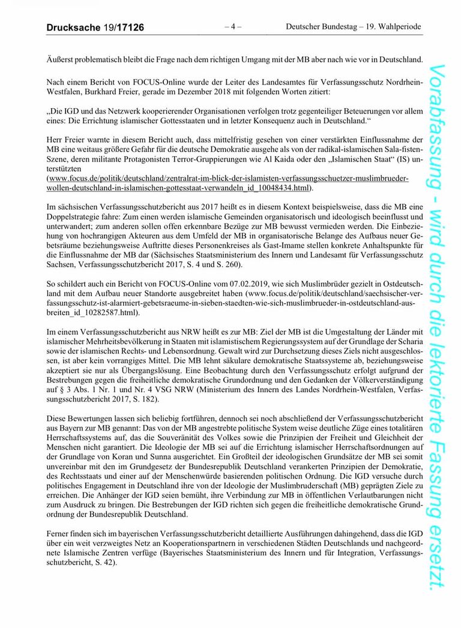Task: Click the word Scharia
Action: coord(409,340)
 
